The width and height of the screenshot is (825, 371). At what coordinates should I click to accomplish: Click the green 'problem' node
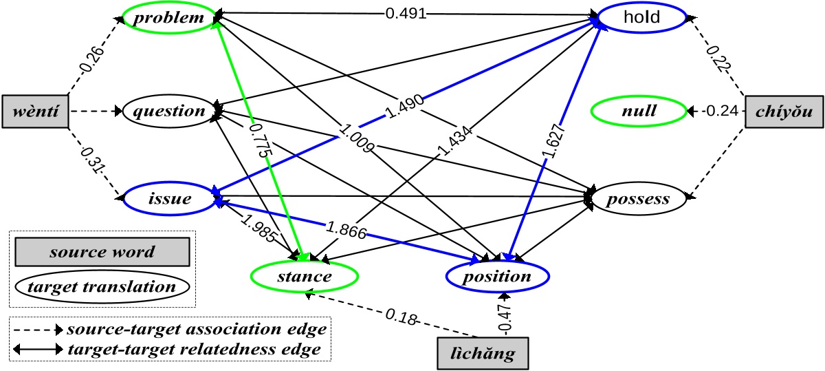pyautogui.click(x=169, y=18)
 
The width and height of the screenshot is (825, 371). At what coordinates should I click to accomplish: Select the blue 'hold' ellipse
pyautogui.click(x=641, y=18)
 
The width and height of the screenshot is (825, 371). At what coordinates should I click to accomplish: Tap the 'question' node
pyautogui.click(x=169, y=111)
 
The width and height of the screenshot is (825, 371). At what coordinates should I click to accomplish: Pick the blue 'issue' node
pyautogui.click(x=169, y=198)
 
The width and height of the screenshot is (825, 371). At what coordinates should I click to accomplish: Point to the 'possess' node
pyautogui.click(x=639, y=199)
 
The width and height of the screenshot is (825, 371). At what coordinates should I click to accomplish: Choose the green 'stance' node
pyautogui.click(x=305, y=277)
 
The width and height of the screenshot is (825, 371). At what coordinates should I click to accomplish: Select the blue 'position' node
pyautogui.click(x=498, y=277)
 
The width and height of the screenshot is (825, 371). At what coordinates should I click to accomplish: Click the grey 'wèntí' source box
pyautogui.click(x=34, y=111)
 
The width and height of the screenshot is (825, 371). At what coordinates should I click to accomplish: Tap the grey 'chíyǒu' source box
pyautogui.click(x=784, y=110)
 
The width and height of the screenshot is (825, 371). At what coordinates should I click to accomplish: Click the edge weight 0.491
pyautogui.click(x=407, y=13)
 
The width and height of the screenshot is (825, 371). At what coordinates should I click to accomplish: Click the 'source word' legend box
pyautogui.click(x=102, y=252)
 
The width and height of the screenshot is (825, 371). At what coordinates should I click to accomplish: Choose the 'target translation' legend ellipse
pyautogui.click(x=102, y=285)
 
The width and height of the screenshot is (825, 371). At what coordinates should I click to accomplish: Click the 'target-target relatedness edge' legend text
pyautogui.click(x=195, y=349)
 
